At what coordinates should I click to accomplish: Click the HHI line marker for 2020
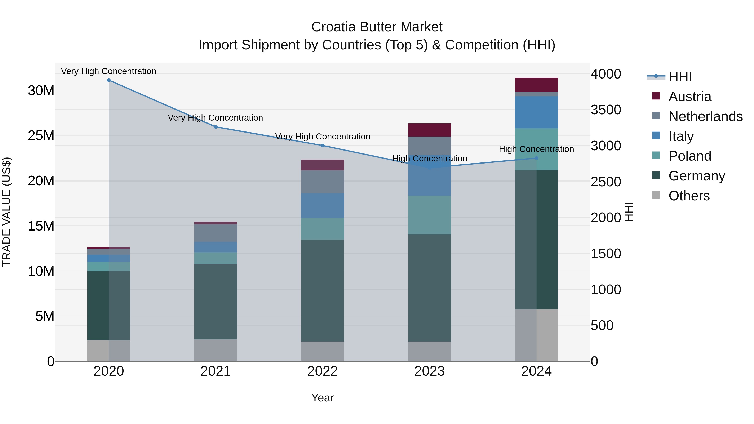[108, 80]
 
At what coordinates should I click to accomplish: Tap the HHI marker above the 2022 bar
[323, 146]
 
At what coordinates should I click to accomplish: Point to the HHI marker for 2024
[537, 158]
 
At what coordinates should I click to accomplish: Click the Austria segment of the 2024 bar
[537, 85]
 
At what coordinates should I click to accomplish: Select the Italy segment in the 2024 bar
[537, 112]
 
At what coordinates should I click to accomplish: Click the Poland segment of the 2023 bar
[429, 215]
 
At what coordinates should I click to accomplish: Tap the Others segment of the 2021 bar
[216, 350]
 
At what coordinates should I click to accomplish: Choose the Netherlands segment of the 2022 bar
[323, 182]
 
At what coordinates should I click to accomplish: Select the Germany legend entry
[696, 176]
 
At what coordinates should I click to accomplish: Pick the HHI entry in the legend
[680, 77]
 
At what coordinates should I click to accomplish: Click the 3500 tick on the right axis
[606, 110]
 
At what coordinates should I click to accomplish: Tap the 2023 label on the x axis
[429, 371]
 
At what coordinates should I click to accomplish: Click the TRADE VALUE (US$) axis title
[6, 212]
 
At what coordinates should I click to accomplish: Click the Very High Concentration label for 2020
[108, 71]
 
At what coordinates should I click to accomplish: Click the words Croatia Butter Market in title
[377, 27]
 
